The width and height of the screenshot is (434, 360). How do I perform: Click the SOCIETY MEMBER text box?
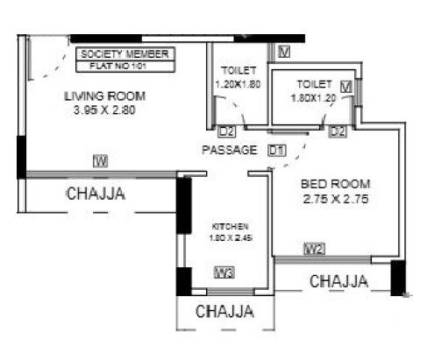pyautogui.click(x=125, y=54)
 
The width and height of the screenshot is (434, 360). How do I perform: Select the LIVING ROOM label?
pyautogui.click(x=105, y=96)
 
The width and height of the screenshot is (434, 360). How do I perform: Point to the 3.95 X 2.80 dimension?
pyautogui.click(x=105, y=111)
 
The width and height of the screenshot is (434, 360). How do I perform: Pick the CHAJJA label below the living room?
pyautogui.click(x=96, y=194)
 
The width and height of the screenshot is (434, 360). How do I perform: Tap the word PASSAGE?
pyautogui.click(x=229, y=150)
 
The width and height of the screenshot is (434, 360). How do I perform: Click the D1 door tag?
pyautogui.click(x=277, y=150)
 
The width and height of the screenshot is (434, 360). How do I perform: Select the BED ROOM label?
pyautogui.click(x=336, y=184)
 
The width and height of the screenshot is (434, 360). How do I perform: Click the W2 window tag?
pyautogui.click(x=315, y=250)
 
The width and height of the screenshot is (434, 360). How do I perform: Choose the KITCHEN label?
pyautogui.click(x=224, y=224)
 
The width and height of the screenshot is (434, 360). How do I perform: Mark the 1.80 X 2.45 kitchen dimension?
pyautogui.click(x=224, y=237)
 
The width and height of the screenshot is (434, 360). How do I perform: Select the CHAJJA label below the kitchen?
pyautogui.click(x=224, y=311)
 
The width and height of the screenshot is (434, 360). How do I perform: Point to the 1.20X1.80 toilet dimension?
pyautogui.click(x=238, y=85)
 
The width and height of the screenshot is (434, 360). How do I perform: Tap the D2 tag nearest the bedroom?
pyautogui.click(x=338, y=131)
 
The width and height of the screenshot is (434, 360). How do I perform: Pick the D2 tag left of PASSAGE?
pyautogui.click(x=226, y=132)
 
